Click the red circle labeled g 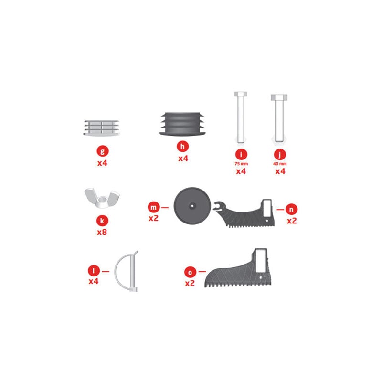point(103,151)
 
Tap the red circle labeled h point(182,147)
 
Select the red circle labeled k point(102,221)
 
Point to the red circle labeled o point(190,272)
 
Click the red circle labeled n point(291,209)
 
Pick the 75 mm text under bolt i point(241,164)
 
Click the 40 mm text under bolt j point(280,164)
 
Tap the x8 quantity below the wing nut point(102,232)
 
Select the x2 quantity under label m point(153,218)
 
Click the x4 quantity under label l point(94,281)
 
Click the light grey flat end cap point(102,127)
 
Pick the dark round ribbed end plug point(182,124)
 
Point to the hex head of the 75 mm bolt point(241,94)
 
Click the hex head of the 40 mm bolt point(279,97)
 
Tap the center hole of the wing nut point(102,200)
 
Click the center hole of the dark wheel point(192,206)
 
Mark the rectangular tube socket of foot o point(261,261)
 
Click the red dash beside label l point(106,271)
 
